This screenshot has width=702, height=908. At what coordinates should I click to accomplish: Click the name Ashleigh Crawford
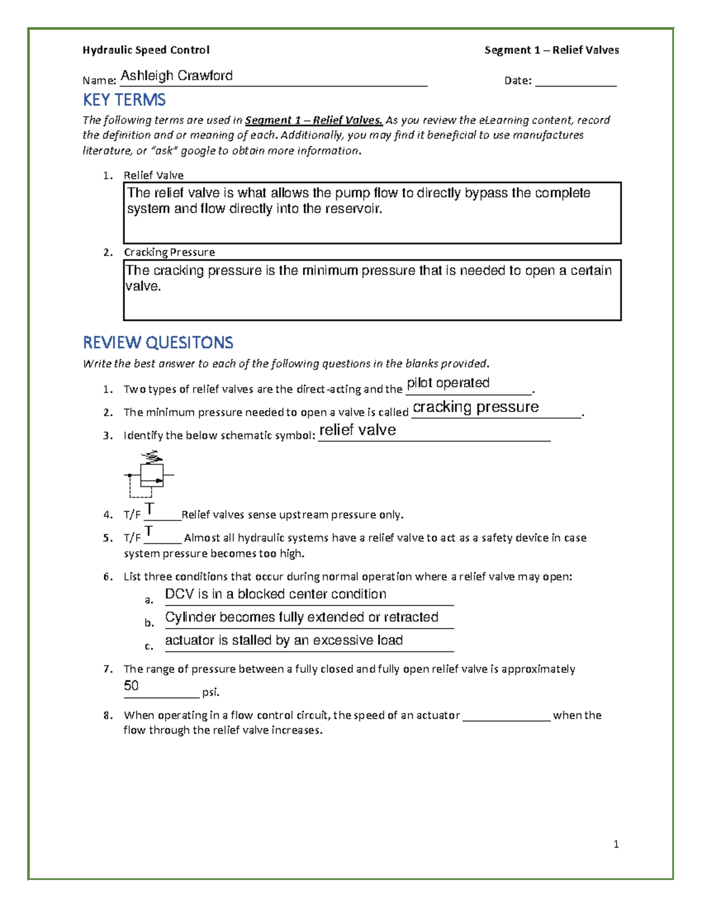coord(177,76)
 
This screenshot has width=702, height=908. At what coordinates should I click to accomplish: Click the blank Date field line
coord(576,82)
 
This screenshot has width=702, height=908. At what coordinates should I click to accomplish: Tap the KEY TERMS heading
coord(124,100)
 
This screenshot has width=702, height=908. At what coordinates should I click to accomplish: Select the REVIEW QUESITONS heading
coord(158,343)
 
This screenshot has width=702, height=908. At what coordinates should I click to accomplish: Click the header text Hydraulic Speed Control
coord(146,50)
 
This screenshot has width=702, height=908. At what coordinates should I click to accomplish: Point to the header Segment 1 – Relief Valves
coord(551,50)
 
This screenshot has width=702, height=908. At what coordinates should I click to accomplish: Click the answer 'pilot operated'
coord(448,383)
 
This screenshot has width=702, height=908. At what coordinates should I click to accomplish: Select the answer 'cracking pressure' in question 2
coord(476,407)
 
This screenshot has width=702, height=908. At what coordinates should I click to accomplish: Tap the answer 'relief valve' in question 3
coord(357,430)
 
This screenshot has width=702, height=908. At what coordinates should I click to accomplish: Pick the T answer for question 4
coord(150,509)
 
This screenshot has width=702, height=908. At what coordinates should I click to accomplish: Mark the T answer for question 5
coord(149,531)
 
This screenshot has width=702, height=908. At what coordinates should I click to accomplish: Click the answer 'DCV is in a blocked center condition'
coord(276,594)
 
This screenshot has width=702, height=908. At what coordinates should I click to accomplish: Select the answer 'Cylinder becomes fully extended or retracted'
coord(301,617)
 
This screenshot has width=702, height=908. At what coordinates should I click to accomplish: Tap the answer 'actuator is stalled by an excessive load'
coord(284,641)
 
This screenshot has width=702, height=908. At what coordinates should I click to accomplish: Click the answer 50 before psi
coord(131,686)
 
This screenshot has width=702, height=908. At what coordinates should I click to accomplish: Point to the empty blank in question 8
coord(506,717)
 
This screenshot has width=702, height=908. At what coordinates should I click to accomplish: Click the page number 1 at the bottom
coord(616,844)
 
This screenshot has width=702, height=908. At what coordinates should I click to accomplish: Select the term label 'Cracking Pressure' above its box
coord(169,253)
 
